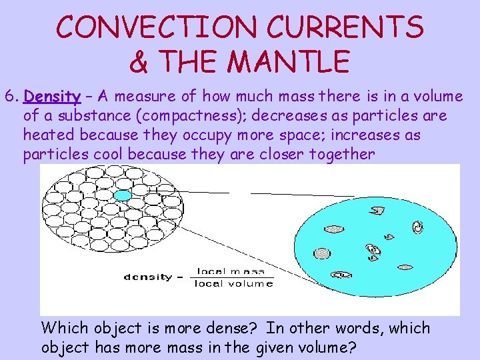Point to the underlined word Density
click(x=52, y=97)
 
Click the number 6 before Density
click(x=9, y=97)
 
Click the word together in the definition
click(x=341, y=155)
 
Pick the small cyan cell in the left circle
click(x=122, y=195)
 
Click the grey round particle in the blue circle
click(x=322, y=253)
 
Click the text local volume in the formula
click(x=233, y=284)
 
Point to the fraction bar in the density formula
click(x=232, y=277)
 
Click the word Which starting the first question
click(x=64, y=329)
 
